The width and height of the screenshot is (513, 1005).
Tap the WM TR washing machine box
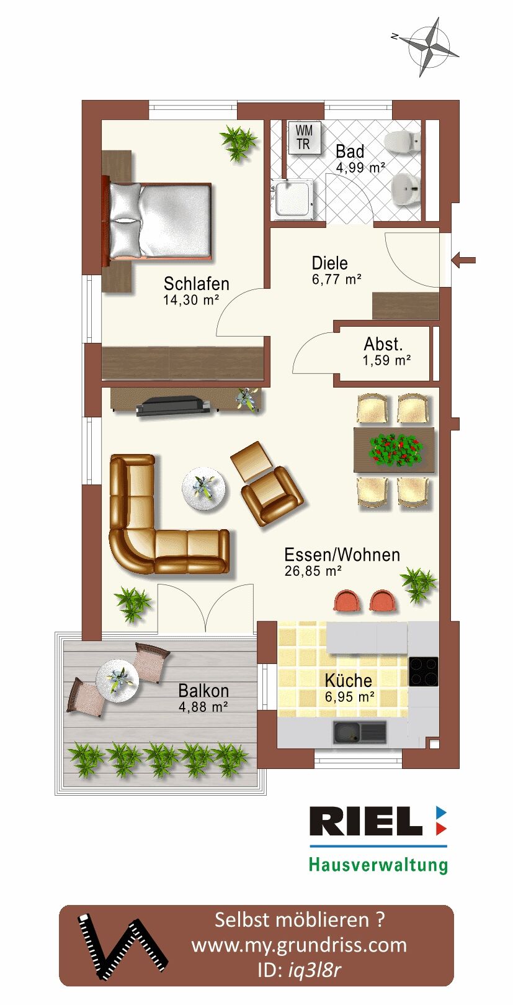tap(304, 137)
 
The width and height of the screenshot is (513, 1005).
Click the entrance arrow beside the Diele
tap(464, 260)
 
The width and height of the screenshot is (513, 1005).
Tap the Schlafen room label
tap(196, 284)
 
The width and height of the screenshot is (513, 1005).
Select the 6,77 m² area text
tap(336, 279)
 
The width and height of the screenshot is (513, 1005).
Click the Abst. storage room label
tap(383, 344)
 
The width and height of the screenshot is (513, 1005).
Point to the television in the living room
tap(174, 406)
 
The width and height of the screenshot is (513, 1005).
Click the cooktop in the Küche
tap(424, 671)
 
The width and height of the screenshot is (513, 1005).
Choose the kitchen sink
tap(359, 732)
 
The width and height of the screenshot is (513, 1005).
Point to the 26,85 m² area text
tap(313, 571)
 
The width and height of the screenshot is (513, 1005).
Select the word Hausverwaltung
tap(378, 865)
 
